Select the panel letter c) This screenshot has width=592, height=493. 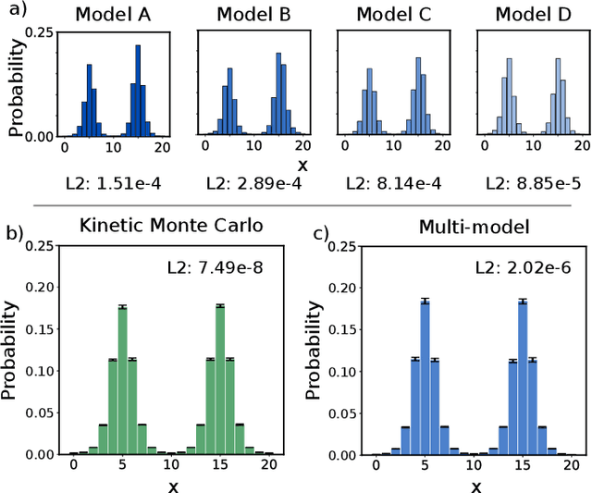point(321,232)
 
